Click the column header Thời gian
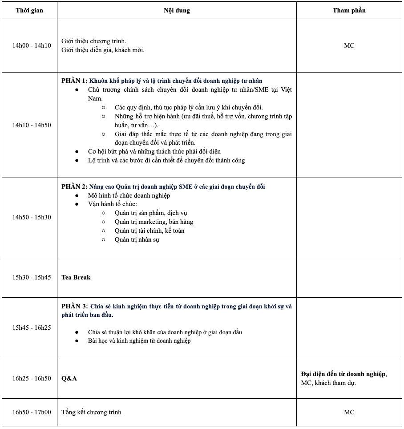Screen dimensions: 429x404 pyautogui.click(x=29, y=10)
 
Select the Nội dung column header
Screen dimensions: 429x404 pyautogui.click(x=177, y=10)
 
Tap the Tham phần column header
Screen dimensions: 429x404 pyautogui.click(x=349, y=10)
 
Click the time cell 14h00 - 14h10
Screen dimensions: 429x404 pyautogui.click(x=32, y=45)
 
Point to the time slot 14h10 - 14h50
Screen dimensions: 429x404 pyautogui.click(x=32, y=125)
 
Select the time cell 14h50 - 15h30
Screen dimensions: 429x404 pyautogui.click(x=32, y=217)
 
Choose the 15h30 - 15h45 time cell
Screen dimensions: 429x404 pyautogui.click(x=32, y=277)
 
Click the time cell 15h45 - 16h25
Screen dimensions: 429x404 pyautogui.click(x=32, y=328)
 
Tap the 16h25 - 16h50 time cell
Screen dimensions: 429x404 pyautogui.click(x=32, y=378)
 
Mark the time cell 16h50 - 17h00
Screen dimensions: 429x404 pyautogui.click(x=32, y=412)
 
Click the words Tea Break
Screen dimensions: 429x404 pyautogui.click(x=76, y=277)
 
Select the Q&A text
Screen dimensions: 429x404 pyautogui.click(x=69, y=378)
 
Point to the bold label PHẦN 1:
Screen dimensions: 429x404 pyautogui.click(x=74, y=81)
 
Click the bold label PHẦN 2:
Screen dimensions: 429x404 pyautogui.click(x=74, y=187)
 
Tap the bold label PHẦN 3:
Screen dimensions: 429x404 pyautogui.click(x=74, y=307)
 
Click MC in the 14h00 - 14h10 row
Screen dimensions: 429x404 pyautogui.click(x=349, y=45)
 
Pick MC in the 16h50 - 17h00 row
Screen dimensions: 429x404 pyautogui.click(x=349, y=412)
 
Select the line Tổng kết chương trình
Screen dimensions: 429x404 pyautogui.click(x=91, y=412)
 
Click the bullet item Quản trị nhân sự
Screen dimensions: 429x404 pyautogui.click(x=137, y=240)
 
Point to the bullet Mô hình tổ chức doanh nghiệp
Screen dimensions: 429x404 pyautogui.click(x=129, y=196)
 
